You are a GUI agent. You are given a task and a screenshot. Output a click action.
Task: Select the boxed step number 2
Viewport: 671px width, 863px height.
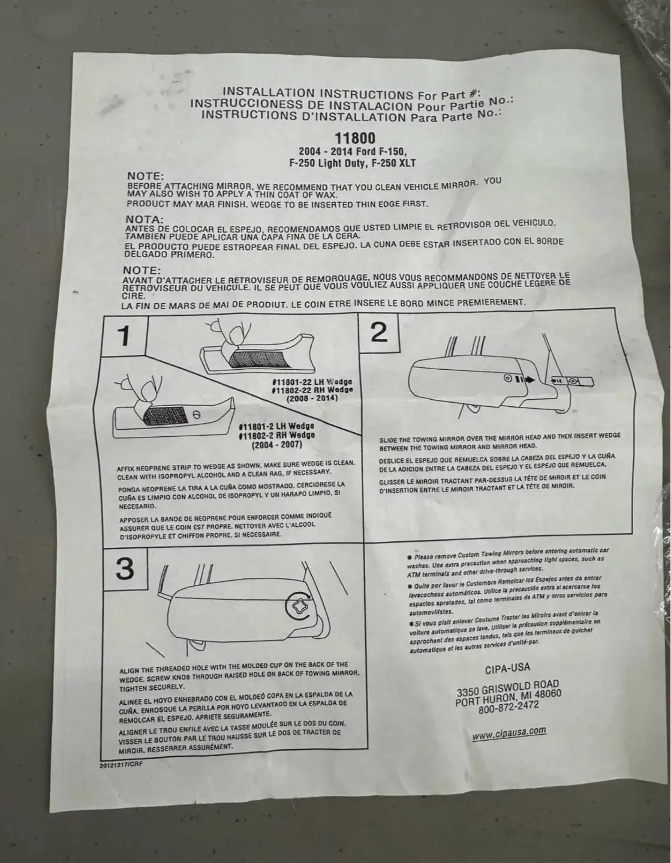tap(379, 331)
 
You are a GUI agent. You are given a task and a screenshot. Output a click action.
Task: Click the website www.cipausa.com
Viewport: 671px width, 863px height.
tap(508, 733)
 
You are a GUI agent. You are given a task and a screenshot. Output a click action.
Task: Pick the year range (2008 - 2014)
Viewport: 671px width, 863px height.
tap(312, 398)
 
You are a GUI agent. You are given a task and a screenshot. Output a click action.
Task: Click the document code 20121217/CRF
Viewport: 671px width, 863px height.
tap(122, 764)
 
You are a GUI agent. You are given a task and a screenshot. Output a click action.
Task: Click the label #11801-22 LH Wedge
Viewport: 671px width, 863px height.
tap(312, 382)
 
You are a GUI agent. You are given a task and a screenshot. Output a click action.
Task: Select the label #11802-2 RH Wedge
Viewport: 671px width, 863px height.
tap(276, 435)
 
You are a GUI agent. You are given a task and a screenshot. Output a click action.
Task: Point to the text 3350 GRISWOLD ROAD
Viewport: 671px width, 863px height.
tap(507, 689)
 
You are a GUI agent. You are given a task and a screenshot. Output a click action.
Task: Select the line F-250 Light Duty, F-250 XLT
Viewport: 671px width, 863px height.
tap(352, 163)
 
